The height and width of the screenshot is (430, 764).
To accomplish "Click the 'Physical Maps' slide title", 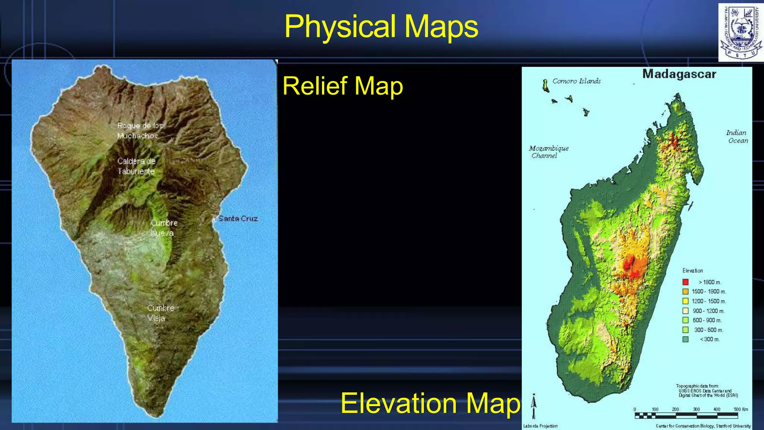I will [x=381, y=27].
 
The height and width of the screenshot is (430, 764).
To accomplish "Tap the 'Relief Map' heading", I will [x=342, y=86].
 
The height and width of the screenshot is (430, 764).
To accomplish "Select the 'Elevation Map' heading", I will [x=430, y=403].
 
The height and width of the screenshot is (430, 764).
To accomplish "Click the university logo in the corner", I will [x=740, y=32].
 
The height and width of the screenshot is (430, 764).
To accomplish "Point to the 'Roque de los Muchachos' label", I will [x=140, y=131].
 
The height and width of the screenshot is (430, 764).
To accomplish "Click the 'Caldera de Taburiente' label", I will [x=136, y=166].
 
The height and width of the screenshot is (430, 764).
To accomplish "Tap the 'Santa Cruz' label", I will [x=238, y=219].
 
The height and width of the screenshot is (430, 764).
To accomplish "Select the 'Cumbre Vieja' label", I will [x=160, y=313].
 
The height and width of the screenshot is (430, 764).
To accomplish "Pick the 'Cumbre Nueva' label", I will [x=164, y=228].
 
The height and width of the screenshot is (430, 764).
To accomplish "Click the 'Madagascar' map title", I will [x=679, y=74].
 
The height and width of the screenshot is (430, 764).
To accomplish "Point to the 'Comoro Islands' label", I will [x=576, y=81].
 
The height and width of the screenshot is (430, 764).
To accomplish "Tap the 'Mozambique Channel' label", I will [x=548, y=152].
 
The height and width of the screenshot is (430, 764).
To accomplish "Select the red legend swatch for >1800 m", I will [x=685, y=282].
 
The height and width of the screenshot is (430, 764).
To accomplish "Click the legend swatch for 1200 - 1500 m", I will [x=685, y=301].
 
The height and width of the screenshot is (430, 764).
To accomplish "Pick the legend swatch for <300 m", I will [x=685, y=339].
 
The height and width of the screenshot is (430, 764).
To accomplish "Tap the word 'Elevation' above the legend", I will [x=692, y=271].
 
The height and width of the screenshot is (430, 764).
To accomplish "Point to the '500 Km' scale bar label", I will [x=740, y=409].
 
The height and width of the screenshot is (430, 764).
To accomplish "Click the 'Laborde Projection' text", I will [x=540, y=426].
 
